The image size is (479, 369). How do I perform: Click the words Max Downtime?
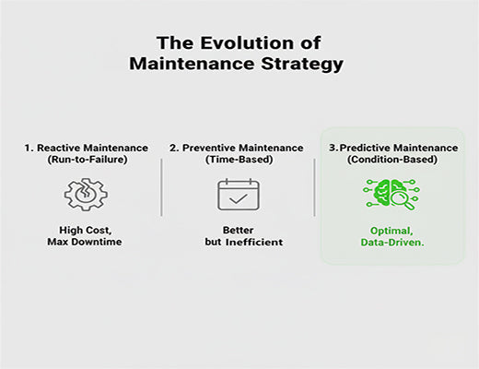(83, 243)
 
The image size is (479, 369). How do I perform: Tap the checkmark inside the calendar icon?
(238, 198)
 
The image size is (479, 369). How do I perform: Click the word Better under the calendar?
(238, 231)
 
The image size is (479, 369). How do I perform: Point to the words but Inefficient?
(238, 243)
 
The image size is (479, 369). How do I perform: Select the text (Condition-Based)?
(392, 160)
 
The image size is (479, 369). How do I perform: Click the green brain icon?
(391, 195)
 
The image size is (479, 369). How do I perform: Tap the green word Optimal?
(391, 231)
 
